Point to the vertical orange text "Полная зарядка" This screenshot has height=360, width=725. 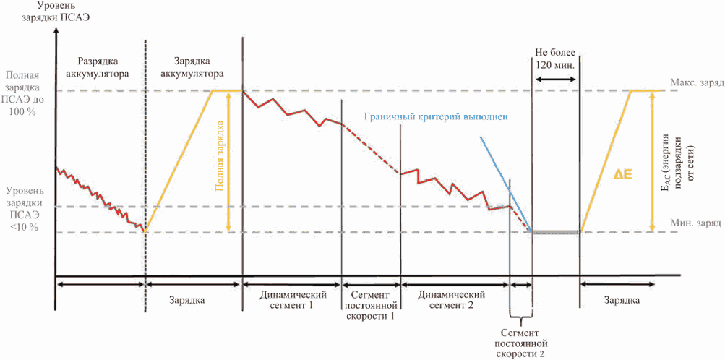220,155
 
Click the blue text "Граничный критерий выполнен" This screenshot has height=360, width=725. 436,116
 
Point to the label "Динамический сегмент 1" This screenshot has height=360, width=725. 293,299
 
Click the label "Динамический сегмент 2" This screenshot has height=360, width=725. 451,299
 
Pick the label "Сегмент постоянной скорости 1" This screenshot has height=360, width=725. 372,305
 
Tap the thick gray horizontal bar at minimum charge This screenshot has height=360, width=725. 556,231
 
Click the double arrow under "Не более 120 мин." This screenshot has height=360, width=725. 556,80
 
